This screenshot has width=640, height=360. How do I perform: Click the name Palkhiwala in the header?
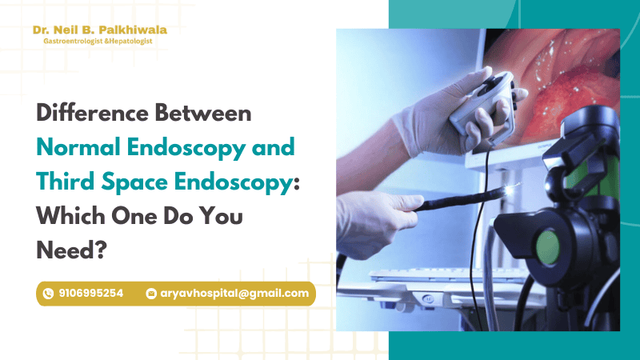pos(133,30)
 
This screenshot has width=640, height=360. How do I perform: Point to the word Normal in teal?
pos(78,147)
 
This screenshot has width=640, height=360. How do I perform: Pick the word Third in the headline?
pos(66,182)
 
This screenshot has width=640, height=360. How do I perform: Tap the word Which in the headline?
pos(70,215)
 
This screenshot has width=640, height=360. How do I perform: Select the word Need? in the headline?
pos(71,250)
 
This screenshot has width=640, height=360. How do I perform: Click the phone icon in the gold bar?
pos(48,294)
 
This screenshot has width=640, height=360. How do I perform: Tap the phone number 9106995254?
pos(90,294)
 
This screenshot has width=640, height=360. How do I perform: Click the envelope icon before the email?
pos(151,294)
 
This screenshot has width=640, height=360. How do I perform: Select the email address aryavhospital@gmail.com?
pos(234,294)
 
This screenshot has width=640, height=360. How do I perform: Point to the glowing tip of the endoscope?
pos(511,188)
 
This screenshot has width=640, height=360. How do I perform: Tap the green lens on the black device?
pos(548,247)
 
